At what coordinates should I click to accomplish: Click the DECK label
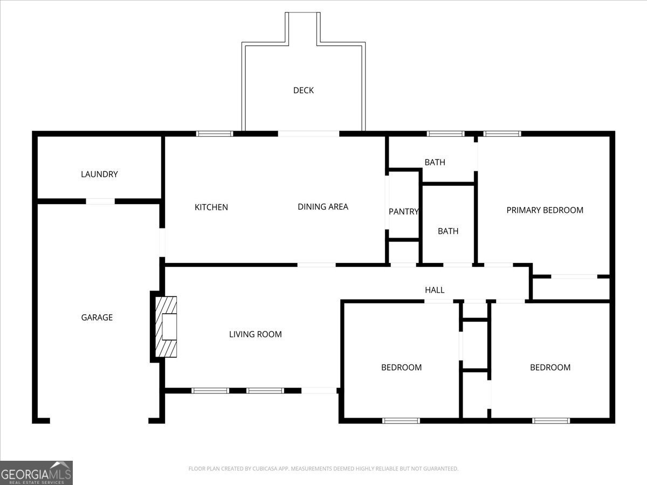[304, 91]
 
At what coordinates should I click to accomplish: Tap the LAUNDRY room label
[99, 174]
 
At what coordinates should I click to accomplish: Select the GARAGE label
[97, 317]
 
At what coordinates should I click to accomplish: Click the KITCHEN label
[211, 207]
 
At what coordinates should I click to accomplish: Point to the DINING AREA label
[323, 207]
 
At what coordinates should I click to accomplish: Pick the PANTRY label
[403, 211]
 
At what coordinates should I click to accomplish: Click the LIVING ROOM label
[256, 334]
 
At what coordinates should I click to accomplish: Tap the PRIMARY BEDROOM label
[545, 210]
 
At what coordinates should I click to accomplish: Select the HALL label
[435, 290]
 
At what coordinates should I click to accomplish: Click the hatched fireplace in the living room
[166, 327]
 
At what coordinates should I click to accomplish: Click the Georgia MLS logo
[36, 473]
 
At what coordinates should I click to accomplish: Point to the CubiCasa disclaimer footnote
[323, 468]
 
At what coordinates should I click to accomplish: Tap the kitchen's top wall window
[215, 134]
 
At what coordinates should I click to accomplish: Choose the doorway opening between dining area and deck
[308, 134]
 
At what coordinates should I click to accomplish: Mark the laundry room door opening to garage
[100, 202]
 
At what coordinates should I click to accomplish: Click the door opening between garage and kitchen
[162, 242]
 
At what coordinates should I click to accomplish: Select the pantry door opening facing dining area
[387, 202]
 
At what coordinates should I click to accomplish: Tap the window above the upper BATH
[446, 134]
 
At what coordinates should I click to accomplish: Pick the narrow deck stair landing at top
[302, 29]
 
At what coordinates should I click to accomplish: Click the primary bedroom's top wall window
[503, 134]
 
